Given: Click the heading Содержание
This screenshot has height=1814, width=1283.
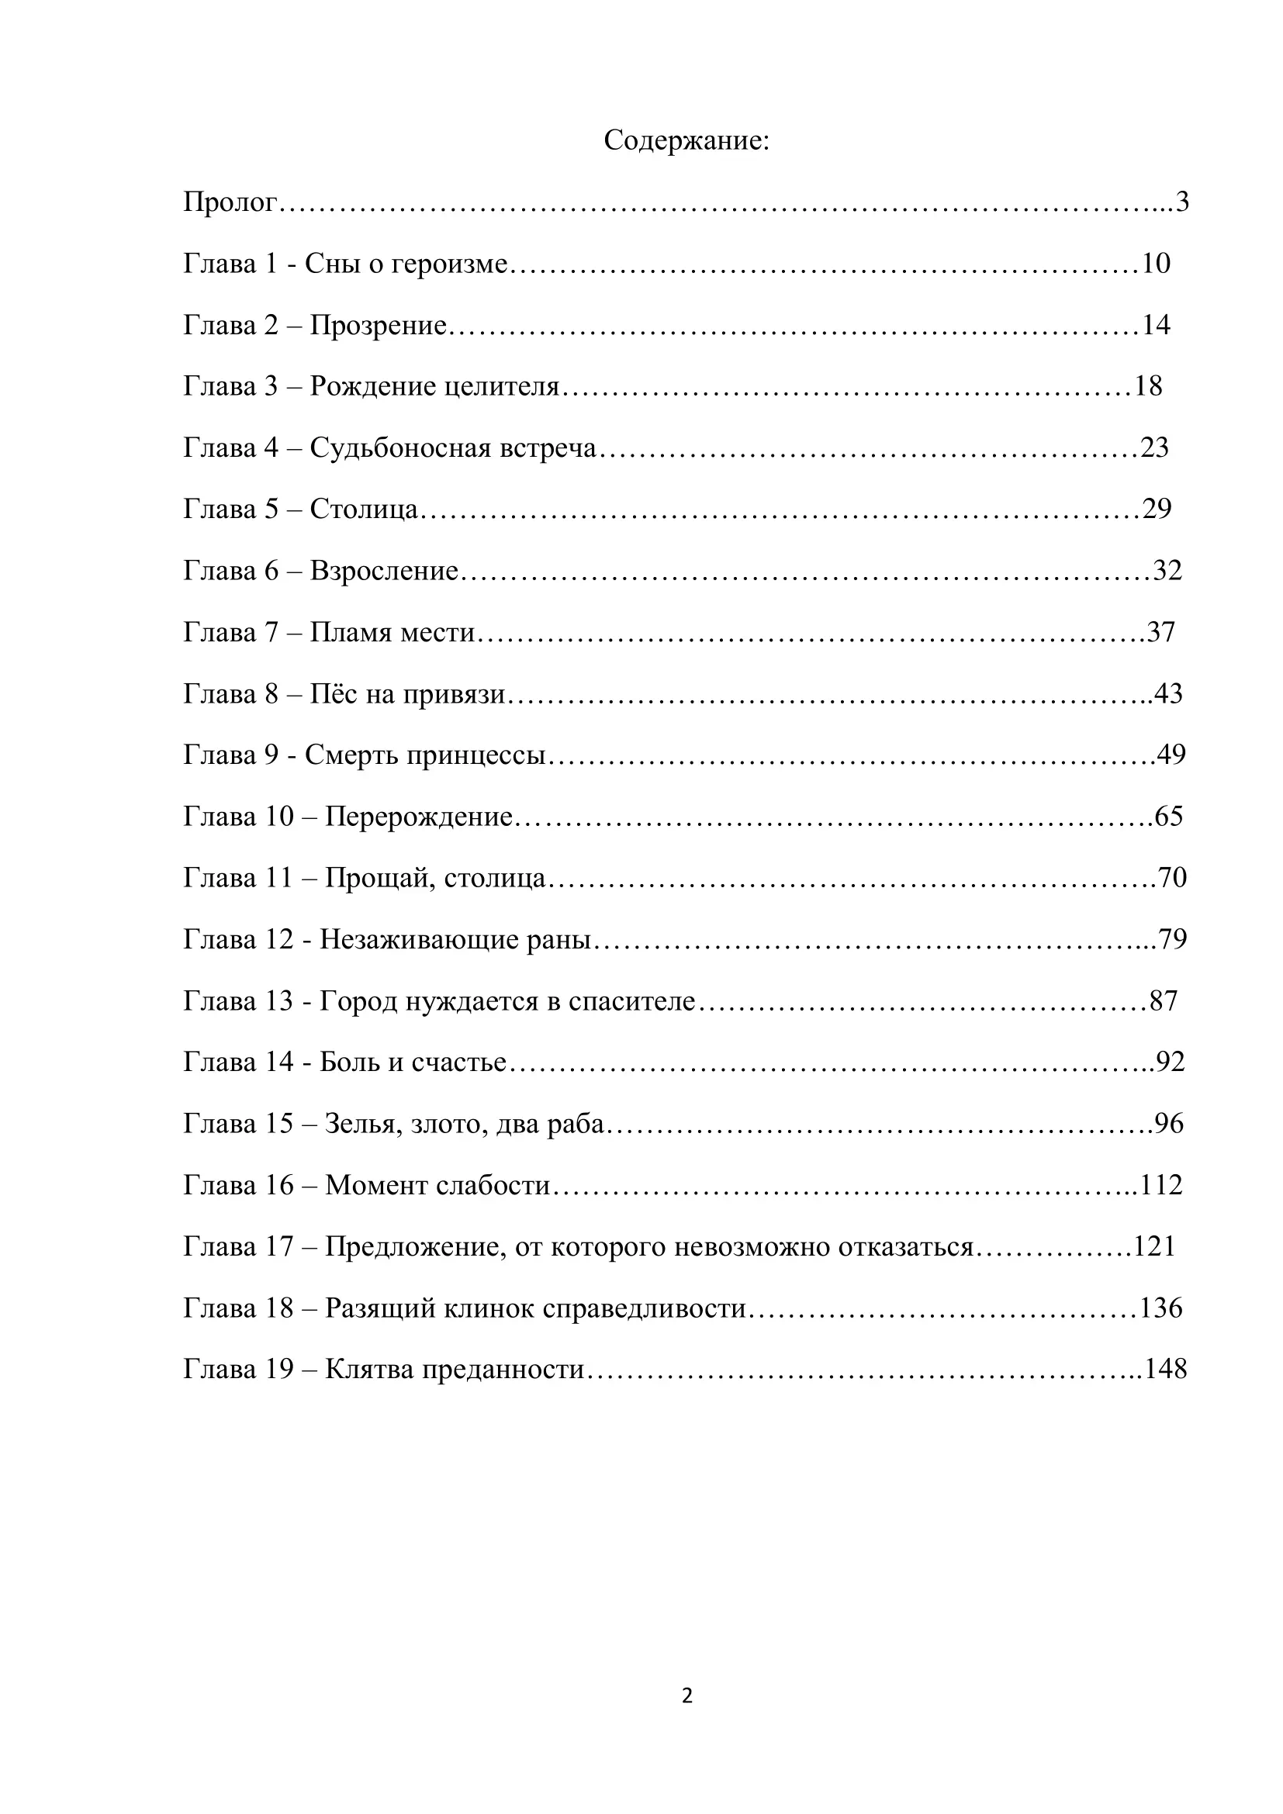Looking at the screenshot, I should pyautogui.click(x=686, y=140).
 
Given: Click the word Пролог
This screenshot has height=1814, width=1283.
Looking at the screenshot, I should pyautogui.click(x=230, y=203).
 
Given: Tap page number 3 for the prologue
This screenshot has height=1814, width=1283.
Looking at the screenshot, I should pyautogui.click(x=1182, y=202).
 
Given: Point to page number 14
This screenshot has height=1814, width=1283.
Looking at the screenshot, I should pyautogui.click(x=1156, y=325).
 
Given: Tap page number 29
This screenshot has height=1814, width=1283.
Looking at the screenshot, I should pyautogui.click(x=1157, y=509).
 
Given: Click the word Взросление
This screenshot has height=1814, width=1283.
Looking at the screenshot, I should pyautogui.click(x=384, y=571).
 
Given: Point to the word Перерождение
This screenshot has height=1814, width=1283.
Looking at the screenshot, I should pyautogui.click(x=419, y=816).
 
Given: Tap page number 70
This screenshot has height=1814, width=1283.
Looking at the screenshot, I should pyautogui.click(x=1172, y=878).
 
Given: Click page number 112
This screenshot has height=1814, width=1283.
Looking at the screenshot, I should pyautogui.click(x=1161, y=1185).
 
